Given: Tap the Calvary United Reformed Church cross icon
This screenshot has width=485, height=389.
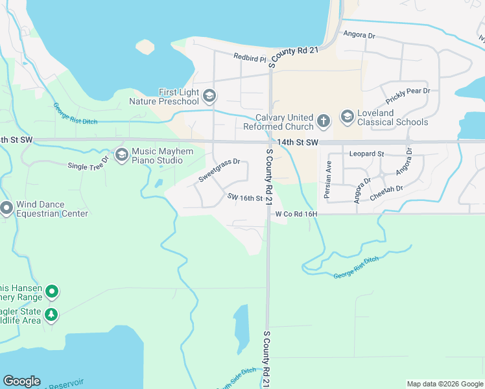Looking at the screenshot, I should click(324, 120).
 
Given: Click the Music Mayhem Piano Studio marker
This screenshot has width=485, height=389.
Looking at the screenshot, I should click(121, 155).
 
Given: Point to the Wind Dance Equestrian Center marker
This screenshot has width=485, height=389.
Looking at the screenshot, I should click(7, 209).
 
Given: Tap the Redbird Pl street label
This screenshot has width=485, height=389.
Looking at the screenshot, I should click(250, 58).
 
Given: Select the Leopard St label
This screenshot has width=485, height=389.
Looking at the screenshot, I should click(367, 154).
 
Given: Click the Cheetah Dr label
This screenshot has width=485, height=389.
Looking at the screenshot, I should click(386, 188).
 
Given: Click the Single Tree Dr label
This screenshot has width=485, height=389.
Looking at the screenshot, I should click(89, 166).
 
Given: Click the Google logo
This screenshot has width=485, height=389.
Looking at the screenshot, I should click(21, 381).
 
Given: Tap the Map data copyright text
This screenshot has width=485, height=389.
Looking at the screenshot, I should click(445, 384).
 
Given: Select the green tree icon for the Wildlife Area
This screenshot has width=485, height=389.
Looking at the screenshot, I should click(51, 316).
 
